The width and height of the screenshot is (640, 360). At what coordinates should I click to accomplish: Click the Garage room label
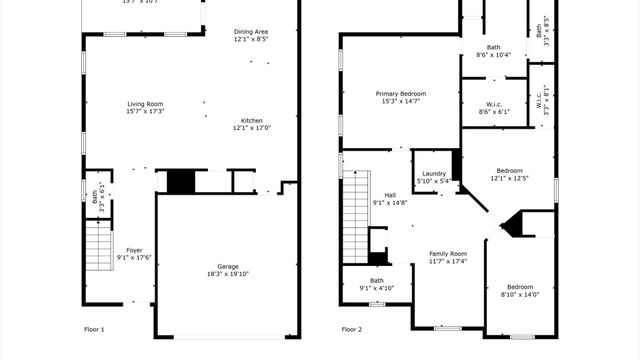pyautogui.click(x=228, y=266)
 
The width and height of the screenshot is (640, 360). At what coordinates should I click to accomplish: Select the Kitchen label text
pyautogui.click(x=251, y=121)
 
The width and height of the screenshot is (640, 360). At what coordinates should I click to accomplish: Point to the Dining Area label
pyautogui.click(x=251, y=32)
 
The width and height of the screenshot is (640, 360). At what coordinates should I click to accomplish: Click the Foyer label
pyautogui.click(x=134, y=251)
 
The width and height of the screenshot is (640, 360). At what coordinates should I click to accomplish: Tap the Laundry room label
pyautogui.click(x=433, y=174)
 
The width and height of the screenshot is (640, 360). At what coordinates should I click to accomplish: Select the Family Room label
pyautogui.click(x=448, y=254)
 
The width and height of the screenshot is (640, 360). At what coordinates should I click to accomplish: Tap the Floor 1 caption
pyautogui.click(x=94, y=329)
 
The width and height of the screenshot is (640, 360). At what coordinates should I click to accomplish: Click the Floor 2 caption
pyautogui.click(x=351, y=329)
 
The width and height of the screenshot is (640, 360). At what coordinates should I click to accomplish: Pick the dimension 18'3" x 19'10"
pyautogui.click(x=228, y=273)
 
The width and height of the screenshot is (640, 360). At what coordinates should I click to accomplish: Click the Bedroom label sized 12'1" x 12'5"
pyautogui.click(x=508, y=171)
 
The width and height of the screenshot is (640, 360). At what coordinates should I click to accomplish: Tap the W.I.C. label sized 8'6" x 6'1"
pyautogui.click(x=494, y=105)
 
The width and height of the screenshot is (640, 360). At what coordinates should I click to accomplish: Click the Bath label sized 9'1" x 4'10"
pyautogui.click(x=377, y=281)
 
